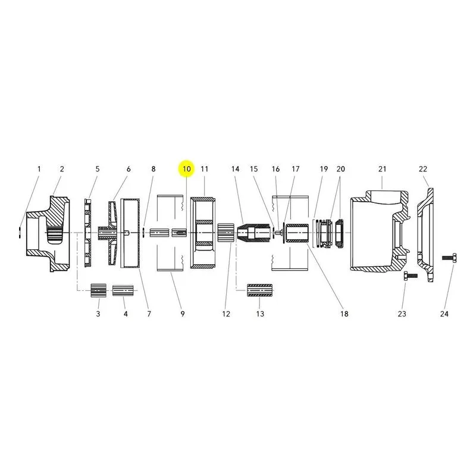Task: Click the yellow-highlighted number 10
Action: click(x=186, y=169)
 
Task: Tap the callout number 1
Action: click(x=39, y=169)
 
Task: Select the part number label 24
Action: click(x=444, y=314)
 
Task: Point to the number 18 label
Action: click(x=345, y=314)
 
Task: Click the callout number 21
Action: click(x=382, y=169)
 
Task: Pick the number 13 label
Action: click(x=260, y=314)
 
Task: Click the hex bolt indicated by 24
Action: click(x=449, y=257)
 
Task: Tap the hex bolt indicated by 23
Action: click(x=410, y=276)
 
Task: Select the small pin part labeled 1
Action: click(x=20, y=233)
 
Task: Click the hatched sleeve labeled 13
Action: click(x=259, y=290)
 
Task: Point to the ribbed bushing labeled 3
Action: click(x=99, y=290)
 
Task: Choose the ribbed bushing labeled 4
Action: click(x=123, y=290)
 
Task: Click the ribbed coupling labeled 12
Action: click(x=226, y=233)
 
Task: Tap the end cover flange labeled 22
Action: click(x=425, y=235)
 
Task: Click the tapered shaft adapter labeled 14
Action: click(x=253, y=233)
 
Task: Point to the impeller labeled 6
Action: click(x=111, y=233)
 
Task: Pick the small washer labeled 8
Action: click(x=143, y=233)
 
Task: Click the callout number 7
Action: click(x=149, y=314)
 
